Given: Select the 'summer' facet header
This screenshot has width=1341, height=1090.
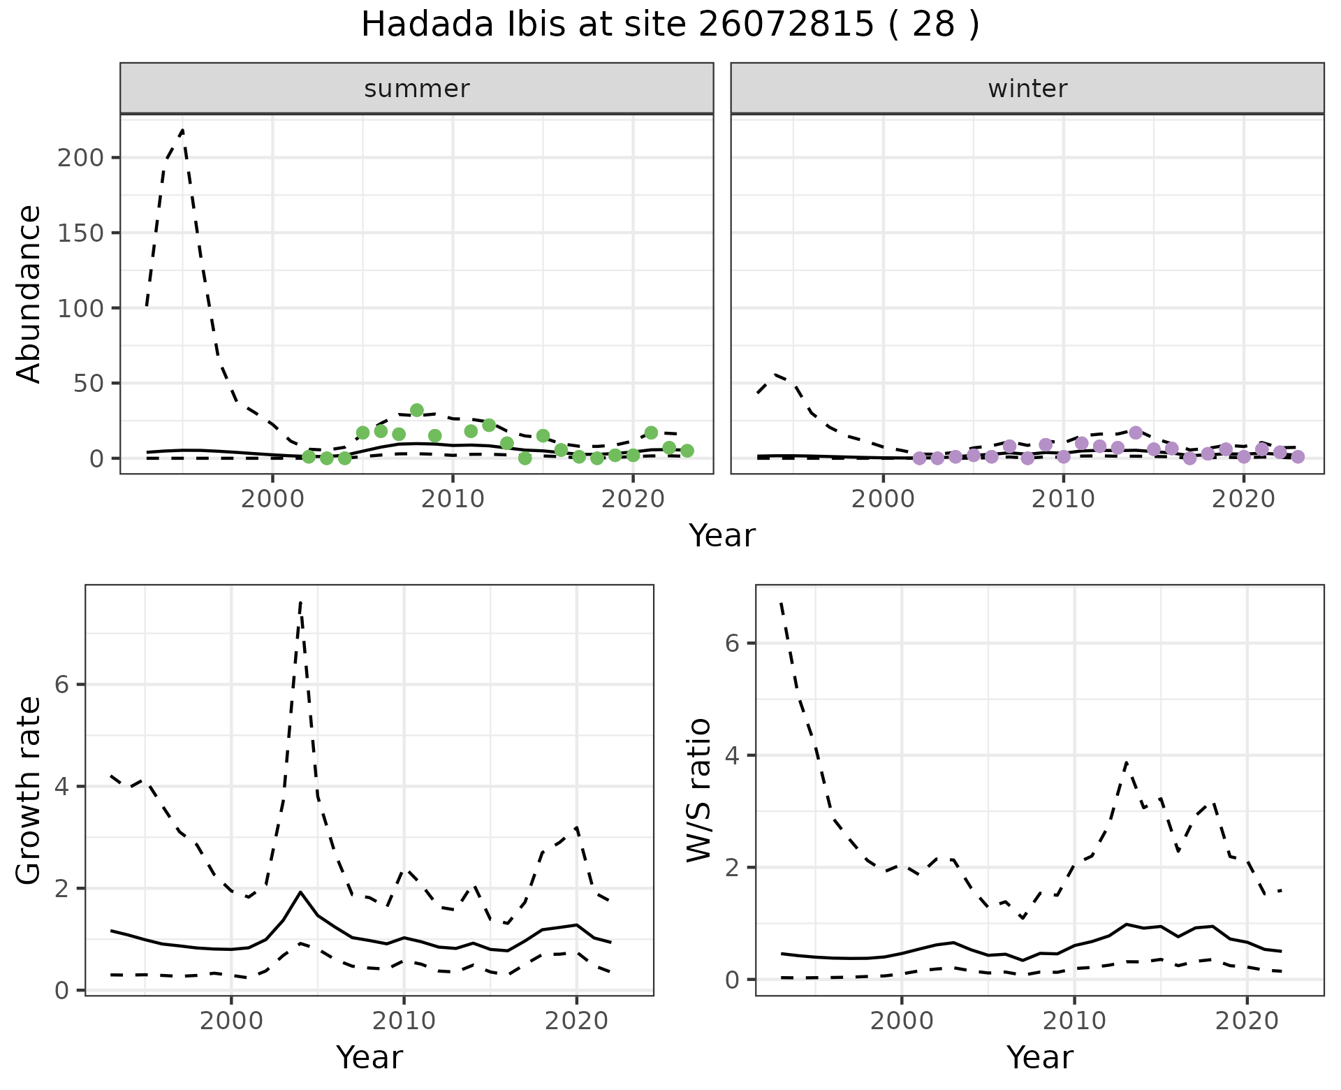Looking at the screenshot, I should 416,89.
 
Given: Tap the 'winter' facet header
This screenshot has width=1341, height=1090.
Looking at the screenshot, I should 1027,89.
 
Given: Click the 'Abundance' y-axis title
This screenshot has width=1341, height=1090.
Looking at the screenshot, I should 29,293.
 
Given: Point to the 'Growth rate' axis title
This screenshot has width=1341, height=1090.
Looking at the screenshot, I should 29,790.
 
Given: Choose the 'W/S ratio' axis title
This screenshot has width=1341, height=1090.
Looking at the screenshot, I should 699,790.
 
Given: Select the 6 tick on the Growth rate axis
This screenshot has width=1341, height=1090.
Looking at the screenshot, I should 62,685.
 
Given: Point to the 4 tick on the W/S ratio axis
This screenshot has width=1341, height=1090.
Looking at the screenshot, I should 733,755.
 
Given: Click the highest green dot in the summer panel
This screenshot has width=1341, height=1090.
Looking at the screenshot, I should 417,410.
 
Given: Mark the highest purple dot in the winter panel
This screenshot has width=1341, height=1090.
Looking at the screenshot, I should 1136,433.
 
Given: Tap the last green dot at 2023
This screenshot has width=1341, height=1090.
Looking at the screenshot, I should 687,451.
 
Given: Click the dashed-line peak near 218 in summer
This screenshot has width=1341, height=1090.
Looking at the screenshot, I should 182,131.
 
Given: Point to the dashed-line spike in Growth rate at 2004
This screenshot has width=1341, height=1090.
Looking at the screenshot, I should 300,602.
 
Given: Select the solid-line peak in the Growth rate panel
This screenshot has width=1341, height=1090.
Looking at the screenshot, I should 300,892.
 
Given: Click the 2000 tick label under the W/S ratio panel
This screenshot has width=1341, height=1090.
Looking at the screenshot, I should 901,1021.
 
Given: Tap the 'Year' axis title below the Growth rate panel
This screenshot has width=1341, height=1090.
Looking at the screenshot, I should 369,1057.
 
